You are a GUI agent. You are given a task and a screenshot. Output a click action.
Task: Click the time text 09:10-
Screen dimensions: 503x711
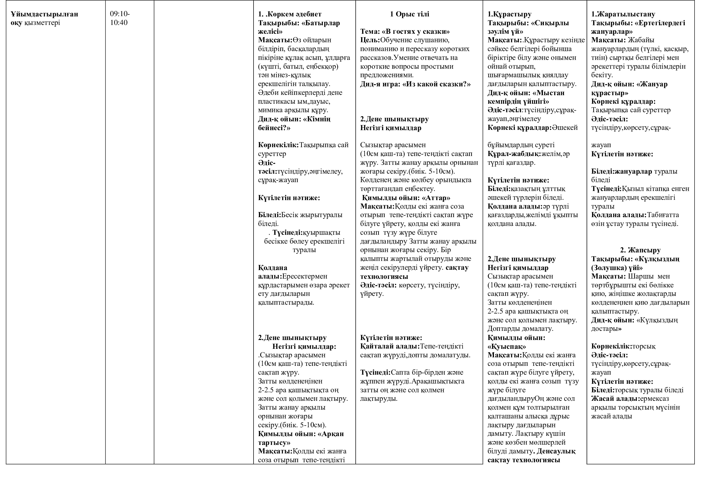[120, 14]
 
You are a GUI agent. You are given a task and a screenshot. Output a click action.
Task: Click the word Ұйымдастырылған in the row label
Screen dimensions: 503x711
[44, 14]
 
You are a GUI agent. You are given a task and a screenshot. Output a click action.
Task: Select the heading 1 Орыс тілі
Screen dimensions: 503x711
[409, 14]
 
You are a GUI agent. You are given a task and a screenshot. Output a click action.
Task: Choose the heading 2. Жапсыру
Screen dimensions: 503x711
[640, 250]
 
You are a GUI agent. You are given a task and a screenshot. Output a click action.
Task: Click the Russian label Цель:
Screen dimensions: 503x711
[370, 40]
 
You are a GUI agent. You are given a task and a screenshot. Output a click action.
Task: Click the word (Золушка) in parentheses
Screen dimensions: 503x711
[609, 268]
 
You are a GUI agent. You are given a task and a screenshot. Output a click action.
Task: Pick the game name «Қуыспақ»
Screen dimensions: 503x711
[507, 346]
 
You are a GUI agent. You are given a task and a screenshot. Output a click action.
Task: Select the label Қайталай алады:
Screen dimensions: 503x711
[390, 346]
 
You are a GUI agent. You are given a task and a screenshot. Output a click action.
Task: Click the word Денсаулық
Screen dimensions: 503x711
[556, 451]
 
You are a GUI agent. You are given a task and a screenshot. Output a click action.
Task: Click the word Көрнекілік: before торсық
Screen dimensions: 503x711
[611, 346]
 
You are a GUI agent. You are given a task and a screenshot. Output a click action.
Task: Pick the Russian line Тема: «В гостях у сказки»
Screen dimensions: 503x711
[405, 31]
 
